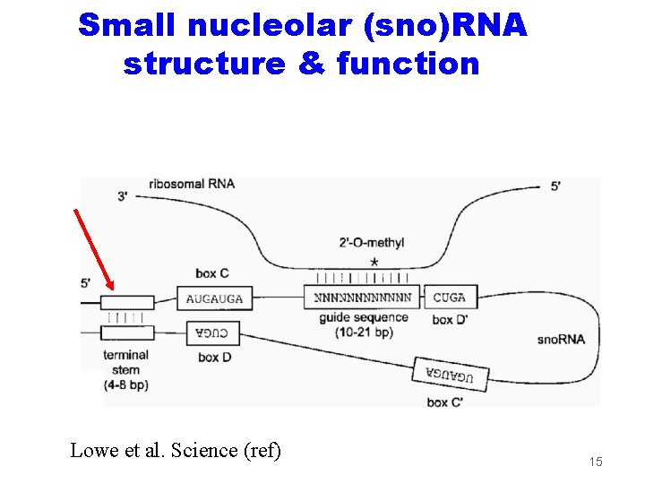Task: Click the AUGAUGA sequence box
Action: [x=215, y=298]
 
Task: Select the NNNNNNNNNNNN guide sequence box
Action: [x=363, y=298]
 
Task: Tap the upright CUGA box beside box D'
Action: [x=449, y=298]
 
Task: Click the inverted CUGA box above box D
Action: [x=212, y=333]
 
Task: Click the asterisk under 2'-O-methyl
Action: [x=374, y=262]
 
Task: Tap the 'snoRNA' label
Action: [x=561, y=340]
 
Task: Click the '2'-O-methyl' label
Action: [x=372, y=243]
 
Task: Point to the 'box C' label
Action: [x=211, y=272]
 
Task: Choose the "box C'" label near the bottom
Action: [x=445, y=402]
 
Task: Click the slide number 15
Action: [x=596, y=462]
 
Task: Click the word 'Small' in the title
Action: [x=129, y=25]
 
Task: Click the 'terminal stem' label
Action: [x=125, y=362]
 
